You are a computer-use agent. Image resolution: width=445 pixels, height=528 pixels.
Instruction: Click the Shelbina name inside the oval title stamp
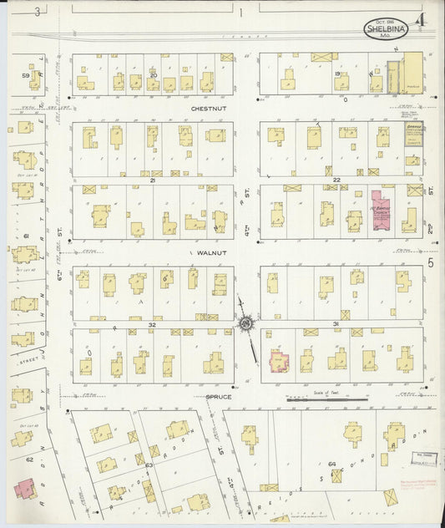(384, 30)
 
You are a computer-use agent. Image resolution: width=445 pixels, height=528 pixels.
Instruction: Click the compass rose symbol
(247, 322)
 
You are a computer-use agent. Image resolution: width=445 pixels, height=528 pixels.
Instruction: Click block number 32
(152, 322)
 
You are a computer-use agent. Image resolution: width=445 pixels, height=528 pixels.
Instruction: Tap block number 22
(336, 180)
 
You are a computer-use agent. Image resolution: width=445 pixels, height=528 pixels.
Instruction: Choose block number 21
(152, 180)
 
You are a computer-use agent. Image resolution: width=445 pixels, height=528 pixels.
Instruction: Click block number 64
(331, 463)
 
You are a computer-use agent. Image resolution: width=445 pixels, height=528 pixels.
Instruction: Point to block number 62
(28, 459)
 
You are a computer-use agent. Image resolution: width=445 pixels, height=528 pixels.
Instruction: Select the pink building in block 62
(24, 489)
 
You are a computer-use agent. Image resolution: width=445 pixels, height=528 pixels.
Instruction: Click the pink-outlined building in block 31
(278, 362)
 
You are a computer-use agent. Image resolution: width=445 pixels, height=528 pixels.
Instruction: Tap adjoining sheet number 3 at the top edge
(37, 11)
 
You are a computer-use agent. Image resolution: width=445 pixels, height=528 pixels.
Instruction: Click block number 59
(25, 76)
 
